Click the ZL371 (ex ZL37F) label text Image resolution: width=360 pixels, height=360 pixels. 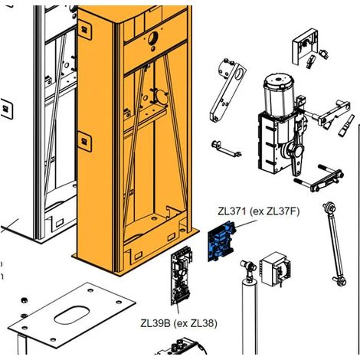(258, 211)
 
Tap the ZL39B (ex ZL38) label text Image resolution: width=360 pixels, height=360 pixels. (179, 323)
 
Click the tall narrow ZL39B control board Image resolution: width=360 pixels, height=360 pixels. (182, 276)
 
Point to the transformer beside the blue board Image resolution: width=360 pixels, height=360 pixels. (275, 270)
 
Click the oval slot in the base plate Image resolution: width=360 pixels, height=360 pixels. (72, 316)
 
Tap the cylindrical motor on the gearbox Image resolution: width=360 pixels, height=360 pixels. (279, 95)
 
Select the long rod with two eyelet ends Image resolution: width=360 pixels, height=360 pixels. (335, 244)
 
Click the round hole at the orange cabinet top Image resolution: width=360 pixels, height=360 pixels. (153, 38)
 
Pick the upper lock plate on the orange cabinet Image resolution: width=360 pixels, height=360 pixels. (84, 29)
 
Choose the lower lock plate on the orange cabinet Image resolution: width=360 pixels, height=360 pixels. (84, 142)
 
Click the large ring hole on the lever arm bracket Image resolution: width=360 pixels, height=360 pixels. (239, 74)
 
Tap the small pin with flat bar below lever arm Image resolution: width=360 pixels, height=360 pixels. (226, 149)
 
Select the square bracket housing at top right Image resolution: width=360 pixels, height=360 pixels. (305, 48)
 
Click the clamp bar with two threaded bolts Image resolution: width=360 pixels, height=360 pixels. (319, 178)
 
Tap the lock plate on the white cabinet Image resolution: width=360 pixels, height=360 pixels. (7, 109)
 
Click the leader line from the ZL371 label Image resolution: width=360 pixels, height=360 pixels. (246, 224)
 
